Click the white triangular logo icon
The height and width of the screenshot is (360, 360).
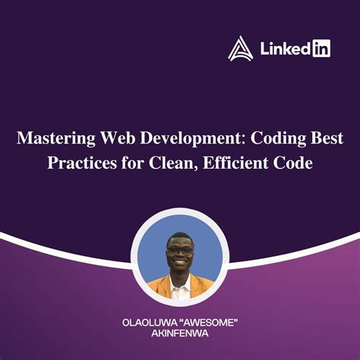(241, 49)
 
